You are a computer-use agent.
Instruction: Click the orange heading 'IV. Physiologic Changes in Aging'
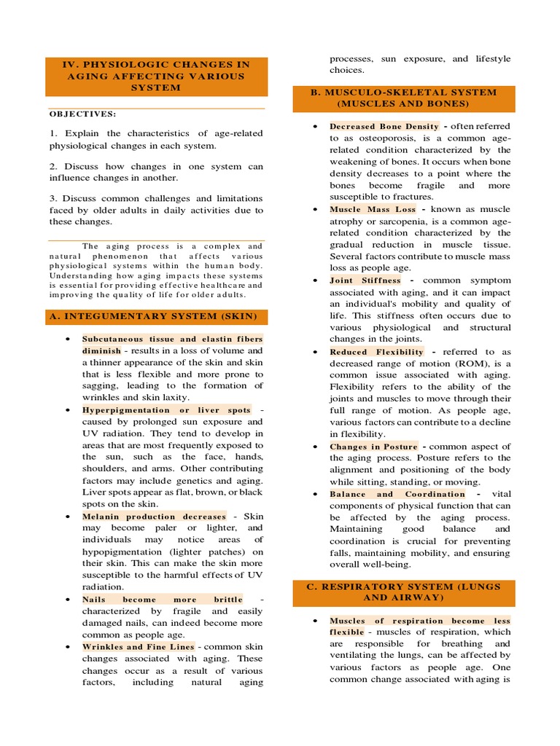click(156, 76)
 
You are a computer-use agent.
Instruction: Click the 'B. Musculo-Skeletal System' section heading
click(404, 98)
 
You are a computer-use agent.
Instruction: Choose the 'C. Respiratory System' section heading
click(404, 592)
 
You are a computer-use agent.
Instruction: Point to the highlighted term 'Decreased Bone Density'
click(384, 126)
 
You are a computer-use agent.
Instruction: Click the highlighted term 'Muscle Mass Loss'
click(373, 209)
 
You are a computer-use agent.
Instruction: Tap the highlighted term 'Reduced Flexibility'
click(376, 351)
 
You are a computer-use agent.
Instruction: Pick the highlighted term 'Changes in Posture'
click(373, 447)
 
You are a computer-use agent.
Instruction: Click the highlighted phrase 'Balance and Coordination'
click(397, 494)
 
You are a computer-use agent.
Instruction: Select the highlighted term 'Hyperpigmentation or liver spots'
click(166, 410)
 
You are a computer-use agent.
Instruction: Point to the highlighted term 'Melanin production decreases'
click(154, 517)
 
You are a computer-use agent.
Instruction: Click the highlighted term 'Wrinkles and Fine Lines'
click(138, 647)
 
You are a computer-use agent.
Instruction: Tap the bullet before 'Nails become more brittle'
click(66, 600)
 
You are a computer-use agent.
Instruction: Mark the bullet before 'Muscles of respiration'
click(314, 621)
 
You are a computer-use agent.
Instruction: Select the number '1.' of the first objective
click(53, 133)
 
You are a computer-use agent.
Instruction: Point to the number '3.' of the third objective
click(53, 198)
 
